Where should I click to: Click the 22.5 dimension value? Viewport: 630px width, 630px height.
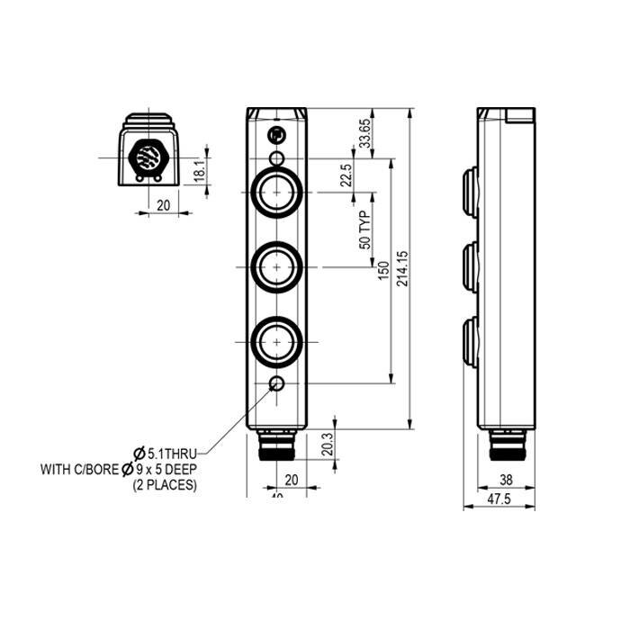pos(346,176)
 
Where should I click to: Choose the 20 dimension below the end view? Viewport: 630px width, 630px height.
pos(163,205)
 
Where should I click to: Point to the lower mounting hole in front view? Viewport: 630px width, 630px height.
pos(277,385)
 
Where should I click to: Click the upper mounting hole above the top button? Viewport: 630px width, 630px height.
pos(277,159)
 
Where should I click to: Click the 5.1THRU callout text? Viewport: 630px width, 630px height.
pos(172,454)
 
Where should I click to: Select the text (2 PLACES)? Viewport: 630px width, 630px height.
pos(164,485)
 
